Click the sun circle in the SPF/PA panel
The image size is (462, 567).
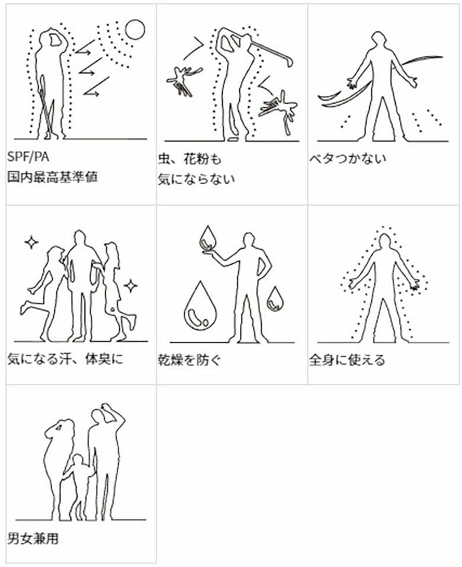(x=134, y=29)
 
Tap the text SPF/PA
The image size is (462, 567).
(x=28, y=157)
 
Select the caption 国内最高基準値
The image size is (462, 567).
(x=52, y=177)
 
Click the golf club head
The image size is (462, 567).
(x=289, y=61)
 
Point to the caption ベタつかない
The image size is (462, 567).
(x=348, y=159)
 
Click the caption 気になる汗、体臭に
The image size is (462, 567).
(x=65, y=359)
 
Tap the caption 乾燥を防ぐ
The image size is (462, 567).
(x=189, y=360)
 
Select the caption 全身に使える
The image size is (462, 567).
(x=347, y=360)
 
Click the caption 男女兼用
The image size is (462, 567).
(x=33, y=539)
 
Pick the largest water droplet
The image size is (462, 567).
(x=200, y=306)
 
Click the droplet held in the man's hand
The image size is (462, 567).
(x=209, y=239)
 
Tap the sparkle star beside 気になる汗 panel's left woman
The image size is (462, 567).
(x=31, y=242)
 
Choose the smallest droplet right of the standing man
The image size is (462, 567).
(x=275, y=299)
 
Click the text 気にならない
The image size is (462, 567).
(x=196, y=180)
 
